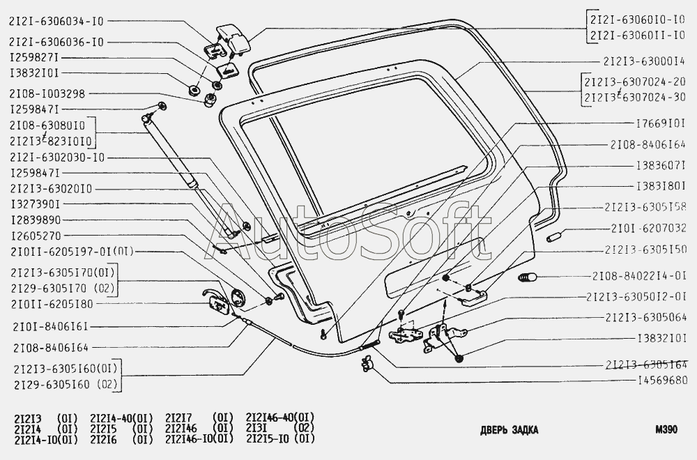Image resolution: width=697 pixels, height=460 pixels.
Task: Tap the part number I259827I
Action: pyautogui.click(x=33, y=58)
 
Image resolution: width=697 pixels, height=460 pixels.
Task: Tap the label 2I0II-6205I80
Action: pyautogui.click(x=52, y=304)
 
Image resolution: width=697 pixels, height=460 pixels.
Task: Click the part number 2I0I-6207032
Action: pyautogui.click(x=649, y=228)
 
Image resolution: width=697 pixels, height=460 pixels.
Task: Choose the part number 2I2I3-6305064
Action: pyautogui.click(x=648, y=318)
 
